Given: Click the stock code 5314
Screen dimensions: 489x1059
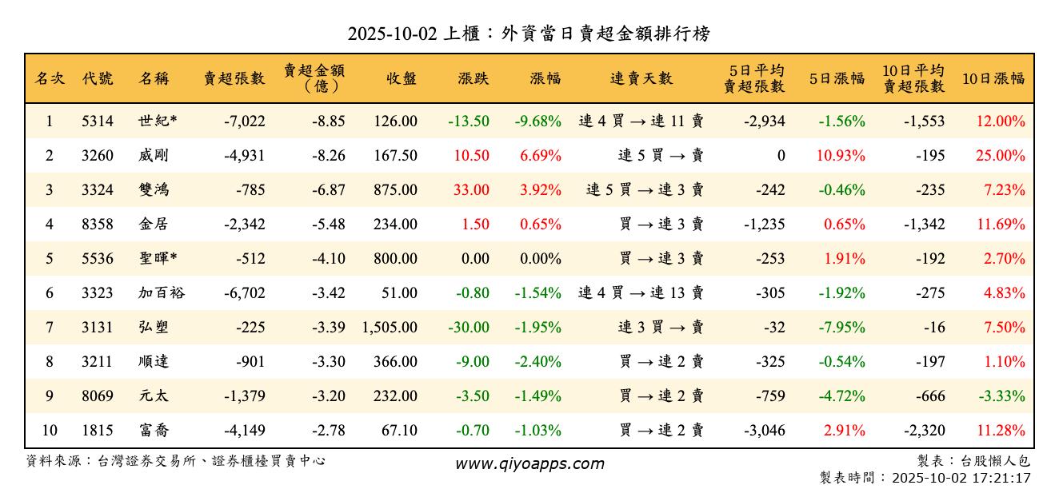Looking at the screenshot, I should pos(98,121).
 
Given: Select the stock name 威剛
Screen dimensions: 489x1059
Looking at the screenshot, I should pos(154,156).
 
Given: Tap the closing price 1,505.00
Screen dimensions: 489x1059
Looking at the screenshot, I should pos(390,328).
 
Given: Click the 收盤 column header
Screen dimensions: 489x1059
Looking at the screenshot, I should pos(401,78).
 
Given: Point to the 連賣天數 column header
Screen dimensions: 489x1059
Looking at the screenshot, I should pos(641,78).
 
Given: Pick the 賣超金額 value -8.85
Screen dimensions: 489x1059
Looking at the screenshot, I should pos(328,121).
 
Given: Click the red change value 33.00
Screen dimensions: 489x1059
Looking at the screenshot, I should pos(471,190).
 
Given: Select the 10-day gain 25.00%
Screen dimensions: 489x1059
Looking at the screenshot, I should pos(1000,156).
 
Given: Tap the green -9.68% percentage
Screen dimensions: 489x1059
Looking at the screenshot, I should pos(537,121).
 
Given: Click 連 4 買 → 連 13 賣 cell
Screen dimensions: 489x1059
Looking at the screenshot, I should pos(641,293).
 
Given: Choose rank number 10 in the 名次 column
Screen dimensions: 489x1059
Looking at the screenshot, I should pos(50,431).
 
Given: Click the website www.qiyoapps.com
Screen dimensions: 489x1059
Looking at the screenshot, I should pos(529,463).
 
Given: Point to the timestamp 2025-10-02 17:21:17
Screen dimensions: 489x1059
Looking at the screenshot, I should pos(967,478).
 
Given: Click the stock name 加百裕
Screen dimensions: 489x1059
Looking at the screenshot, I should pos(162,293).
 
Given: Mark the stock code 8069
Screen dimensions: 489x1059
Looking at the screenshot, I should pos(98,396).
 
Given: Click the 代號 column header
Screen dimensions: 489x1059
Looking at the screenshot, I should pos(98,78).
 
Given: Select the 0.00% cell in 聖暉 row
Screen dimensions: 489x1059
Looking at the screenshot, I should pos(541,259).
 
